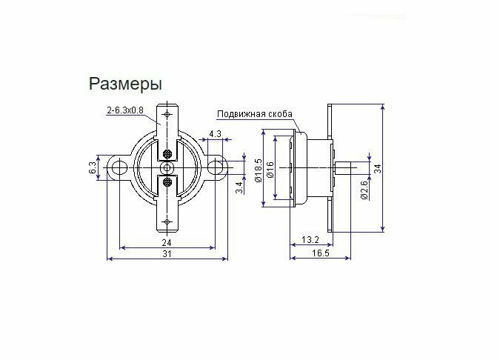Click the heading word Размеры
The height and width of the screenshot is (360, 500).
click(125, 82)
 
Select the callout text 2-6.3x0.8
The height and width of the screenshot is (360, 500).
click(125, 111)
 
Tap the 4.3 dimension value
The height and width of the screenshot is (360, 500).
click(216, 133)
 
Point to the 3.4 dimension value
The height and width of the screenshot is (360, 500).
click(239, 187)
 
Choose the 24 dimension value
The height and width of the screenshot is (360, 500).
click(167, 242)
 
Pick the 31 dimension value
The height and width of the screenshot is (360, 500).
click(167, 253)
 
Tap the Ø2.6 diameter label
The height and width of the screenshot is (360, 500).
click(364, 190)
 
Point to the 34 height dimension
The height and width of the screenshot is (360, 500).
click(377, 169)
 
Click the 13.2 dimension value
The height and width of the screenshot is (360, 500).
click(310, 240)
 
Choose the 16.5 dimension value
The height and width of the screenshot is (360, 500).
click(320, 253)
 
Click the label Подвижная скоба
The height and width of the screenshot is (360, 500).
click(254, 114)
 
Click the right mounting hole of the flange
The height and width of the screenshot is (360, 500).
click(216, 167)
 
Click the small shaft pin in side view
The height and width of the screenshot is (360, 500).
click(344, 167)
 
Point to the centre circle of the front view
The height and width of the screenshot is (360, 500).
click(167, 168)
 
